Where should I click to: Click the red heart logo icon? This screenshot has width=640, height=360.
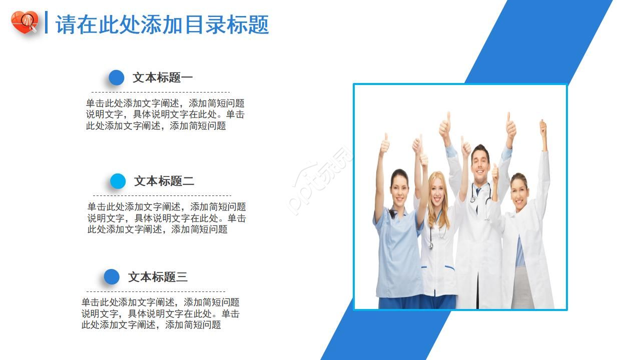coord(24,22)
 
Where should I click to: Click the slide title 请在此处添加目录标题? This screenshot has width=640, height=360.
coord(162,24)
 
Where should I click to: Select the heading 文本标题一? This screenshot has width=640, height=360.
coord(163,77)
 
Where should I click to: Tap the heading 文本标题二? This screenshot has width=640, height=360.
coord(164,181)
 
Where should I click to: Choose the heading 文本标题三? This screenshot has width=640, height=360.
coord(158,277)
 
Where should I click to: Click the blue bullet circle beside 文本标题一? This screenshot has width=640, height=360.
coord(117,77)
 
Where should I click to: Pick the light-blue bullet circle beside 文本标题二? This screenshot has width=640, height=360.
coord(118,181)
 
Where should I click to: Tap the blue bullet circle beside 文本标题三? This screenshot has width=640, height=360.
coord(112,277)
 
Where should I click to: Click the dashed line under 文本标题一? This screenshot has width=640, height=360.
coord(160,92)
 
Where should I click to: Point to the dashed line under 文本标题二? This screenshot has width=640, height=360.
coord(162,195)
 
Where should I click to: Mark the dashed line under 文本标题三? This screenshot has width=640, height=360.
coord(156,291)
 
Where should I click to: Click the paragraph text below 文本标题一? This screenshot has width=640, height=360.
coord(165,114)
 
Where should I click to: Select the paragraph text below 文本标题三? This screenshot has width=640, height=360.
coord(160,313)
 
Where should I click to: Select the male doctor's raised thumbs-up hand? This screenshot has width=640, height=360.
coord(510,126)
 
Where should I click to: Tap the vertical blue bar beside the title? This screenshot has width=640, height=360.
coord(47,22)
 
